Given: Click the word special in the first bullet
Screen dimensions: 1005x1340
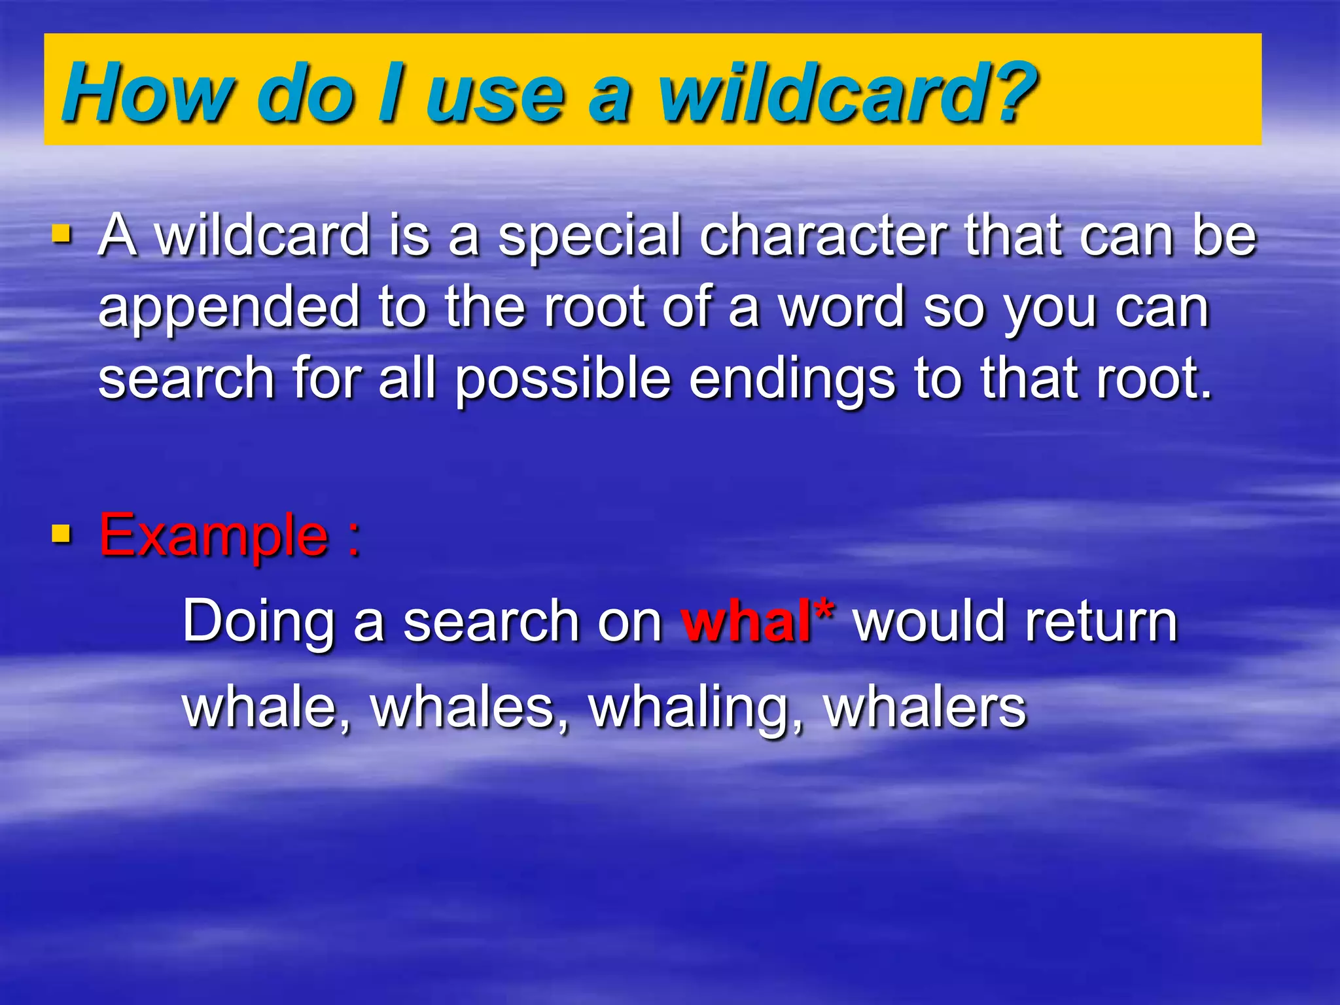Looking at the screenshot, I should [590, 237].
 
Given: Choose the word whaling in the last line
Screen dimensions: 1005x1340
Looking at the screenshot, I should [695, 709].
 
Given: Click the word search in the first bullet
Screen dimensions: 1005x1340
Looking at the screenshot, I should [186, 379].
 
